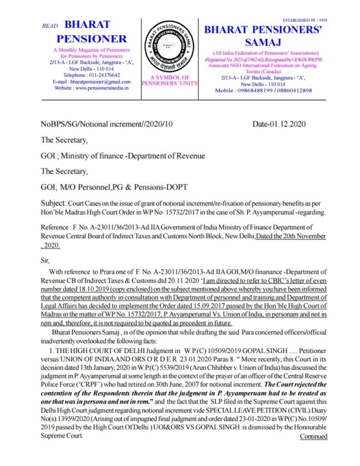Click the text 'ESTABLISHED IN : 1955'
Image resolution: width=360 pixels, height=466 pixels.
click(x=321, y=20)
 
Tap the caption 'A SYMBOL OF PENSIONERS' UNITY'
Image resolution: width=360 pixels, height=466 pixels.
click(x=167, y=80)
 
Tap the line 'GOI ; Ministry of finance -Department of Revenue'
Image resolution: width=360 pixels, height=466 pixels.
click(x=123, y=156)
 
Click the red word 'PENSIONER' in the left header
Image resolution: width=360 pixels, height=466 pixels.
click(x=91, y=39)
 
